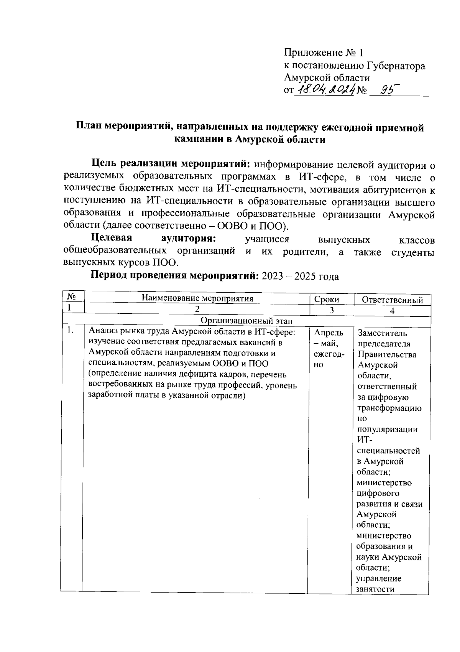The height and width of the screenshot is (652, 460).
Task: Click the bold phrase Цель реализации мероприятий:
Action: tap(171, 164)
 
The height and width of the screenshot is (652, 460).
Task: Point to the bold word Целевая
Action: tap(112, 238)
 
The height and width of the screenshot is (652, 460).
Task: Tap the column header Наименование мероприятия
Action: tap(197, 298)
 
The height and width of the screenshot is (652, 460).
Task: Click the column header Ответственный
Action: tap(392, 300)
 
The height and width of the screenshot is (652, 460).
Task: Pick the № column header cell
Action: tap(71, 297)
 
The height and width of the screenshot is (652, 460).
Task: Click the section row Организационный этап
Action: tap(246, 320)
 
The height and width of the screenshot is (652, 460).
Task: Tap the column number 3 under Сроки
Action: tap(332, 311)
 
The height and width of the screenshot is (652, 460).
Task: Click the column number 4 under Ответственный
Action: tap(392, 311)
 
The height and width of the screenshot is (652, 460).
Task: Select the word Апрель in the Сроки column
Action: tap(329, 333)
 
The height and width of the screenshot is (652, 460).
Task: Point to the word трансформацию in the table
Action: tap(389, 408)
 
